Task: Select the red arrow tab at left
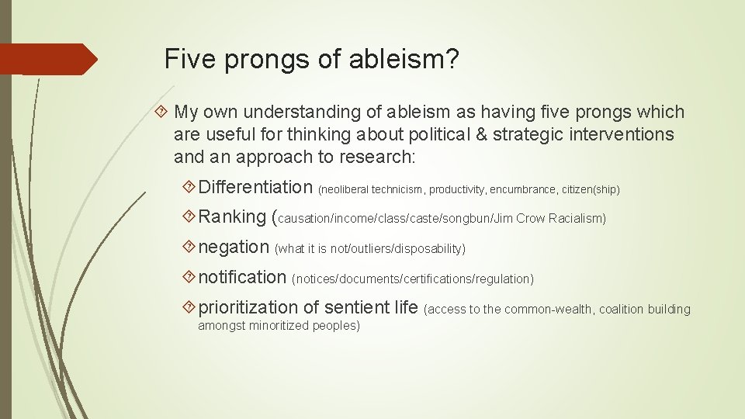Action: click(x=47, y=60)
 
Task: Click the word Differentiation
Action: click(x=255, y=187)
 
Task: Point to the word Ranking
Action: click(x=232, y=217)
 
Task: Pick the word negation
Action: click(x=234, y=247)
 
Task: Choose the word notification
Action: click(x=242, y=277)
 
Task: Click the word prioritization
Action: click(x=248, y=307)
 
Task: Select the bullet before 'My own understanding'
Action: click(x=162, y=113)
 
